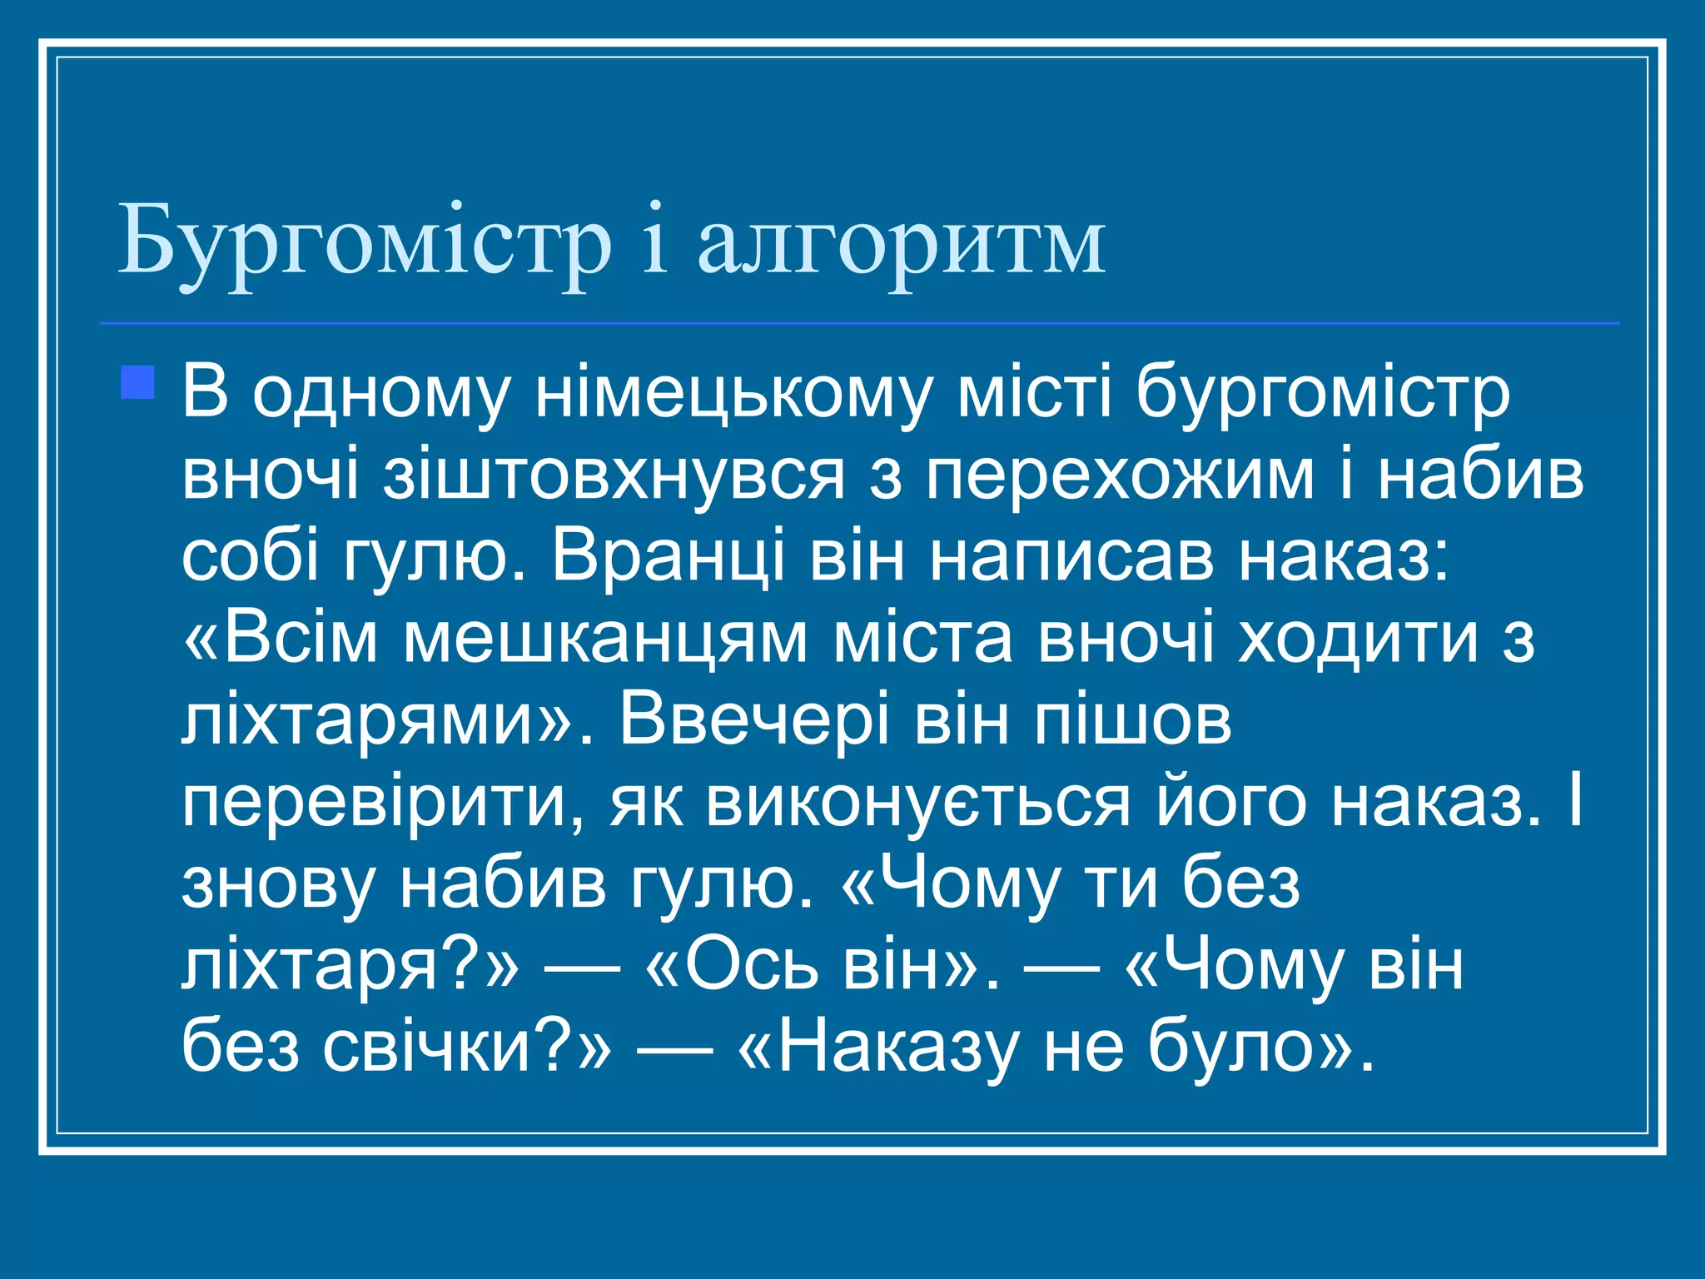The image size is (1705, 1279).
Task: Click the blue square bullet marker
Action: click(x=137, y=383)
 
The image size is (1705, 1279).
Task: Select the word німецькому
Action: click(x=733, y=393)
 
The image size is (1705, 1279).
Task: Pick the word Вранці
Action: click(x=668, y=555)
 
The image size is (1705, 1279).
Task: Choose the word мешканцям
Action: click(x=605, y=639)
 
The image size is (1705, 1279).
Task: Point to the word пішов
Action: click(x=1131, y=720)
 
